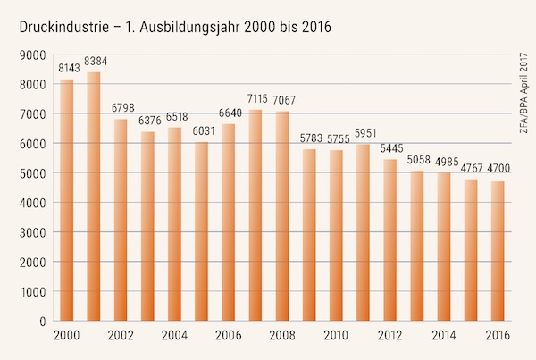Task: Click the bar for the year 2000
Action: click(x=67, y=200)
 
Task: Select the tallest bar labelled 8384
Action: click(x=94, y=197)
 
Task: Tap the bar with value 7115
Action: click(x=255, y=215)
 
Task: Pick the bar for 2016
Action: click(x=498, y=251)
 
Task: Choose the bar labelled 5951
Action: click(x=363, y=232)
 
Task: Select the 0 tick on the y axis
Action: click(x=41, y=321)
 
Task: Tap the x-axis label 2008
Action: click(x=282, y=335)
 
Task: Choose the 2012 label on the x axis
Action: click(x=390, y=335)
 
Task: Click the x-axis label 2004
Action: click(x=175, y=335)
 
